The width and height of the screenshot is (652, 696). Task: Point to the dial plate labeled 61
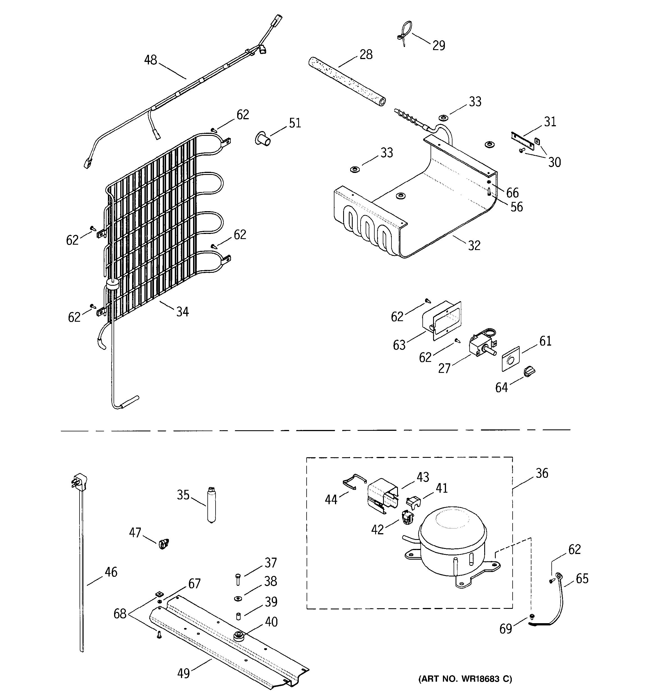coord(510,359)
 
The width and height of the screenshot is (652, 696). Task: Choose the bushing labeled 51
coord(263,139)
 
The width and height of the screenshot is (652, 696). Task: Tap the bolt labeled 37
coord(238,579)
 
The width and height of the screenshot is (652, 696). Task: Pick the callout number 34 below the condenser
coord(182,311)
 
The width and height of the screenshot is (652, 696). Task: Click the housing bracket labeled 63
coord(442,320)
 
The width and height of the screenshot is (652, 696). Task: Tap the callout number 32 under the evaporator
coord(474,245)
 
